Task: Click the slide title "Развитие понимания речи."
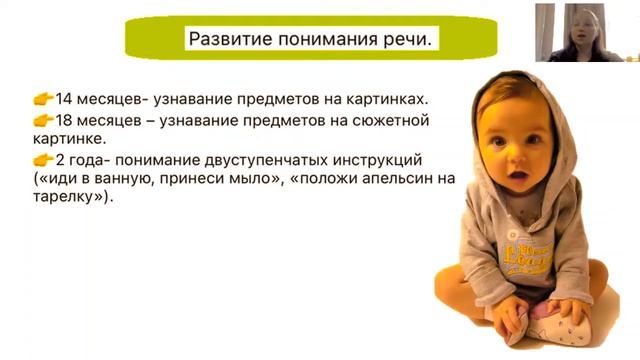click(x=311, y=41)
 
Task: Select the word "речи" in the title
click(x=410, y=41)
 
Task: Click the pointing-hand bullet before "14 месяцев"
click(x=43, y=99)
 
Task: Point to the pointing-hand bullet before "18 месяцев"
click(x=43, y=120)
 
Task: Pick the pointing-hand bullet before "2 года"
click(x=43, y=160)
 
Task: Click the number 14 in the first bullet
click(x=65, y=99)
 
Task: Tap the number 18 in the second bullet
click(x=65, y=120)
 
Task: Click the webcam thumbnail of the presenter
click(x=586, y=32)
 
